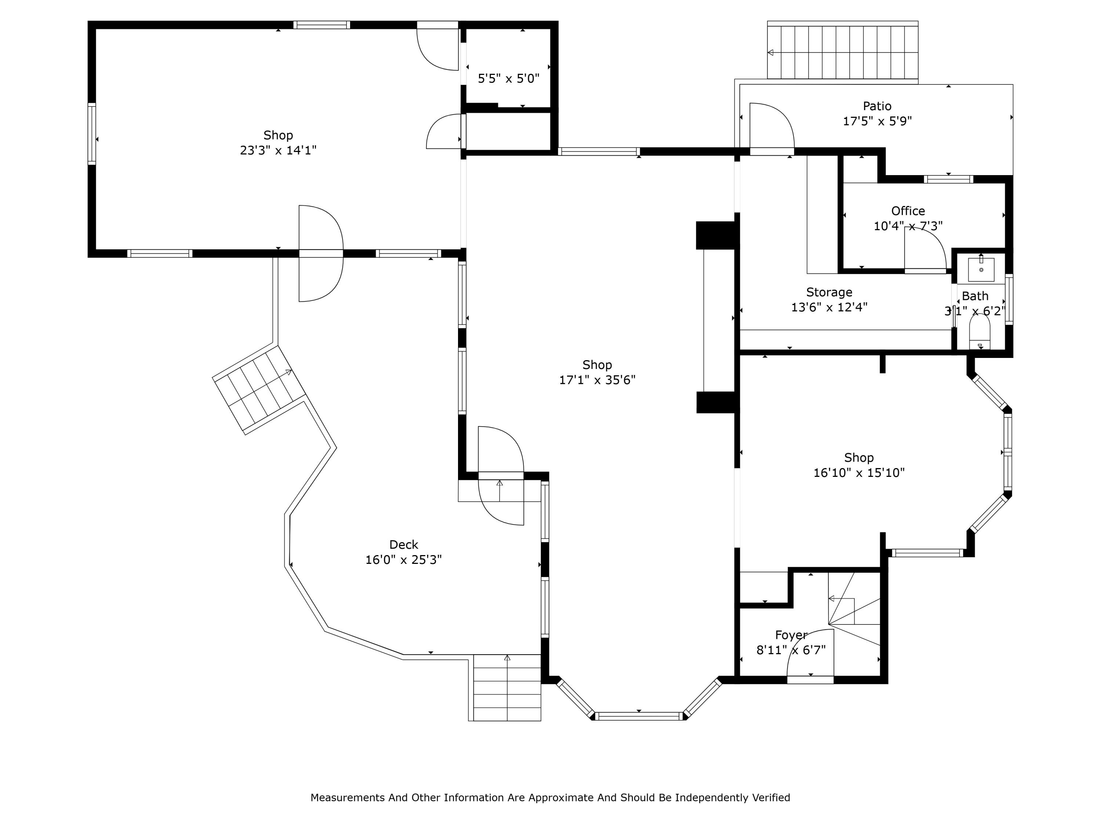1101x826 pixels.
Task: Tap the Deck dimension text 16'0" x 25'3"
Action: (x=403, y=559)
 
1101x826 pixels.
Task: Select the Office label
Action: (x=908, y=211)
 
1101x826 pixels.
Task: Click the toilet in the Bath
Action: (x=980, y=333)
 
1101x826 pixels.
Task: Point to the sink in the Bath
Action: (x=981, y=270)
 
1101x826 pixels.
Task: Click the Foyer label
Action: (x=791, y=635)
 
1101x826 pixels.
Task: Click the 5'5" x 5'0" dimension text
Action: (x=508, y=79)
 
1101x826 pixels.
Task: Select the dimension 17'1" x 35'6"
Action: (x=597, y=380)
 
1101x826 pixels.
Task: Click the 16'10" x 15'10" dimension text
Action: (x=859, y=472)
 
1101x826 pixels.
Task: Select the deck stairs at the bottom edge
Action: (x=507, y=688)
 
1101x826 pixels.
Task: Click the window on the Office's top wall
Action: (x=948, y=179)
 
